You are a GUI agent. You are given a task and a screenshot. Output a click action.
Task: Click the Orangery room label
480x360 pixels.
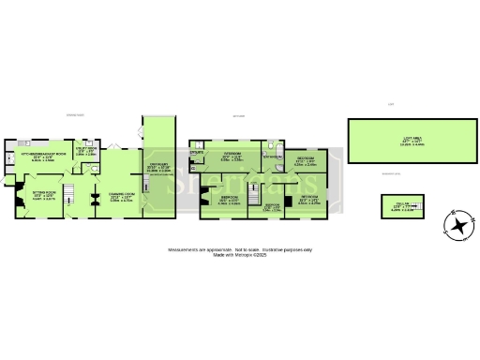(158, 169)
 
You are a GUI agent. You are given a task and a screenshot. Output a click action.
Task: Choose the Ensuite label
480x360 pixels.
(197, 151)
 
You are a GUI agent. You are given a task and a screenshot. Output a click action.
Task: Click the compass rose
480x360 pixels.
(458, 226)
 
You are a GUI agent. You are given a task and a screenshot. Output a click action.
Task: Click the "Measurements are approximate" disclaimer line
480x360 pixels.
(241, 249)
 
